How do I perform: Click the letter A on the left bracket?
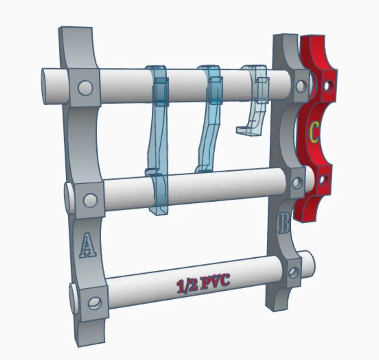pyautogui.click(x=88, y=244)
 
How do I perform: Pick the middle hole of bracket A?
pyautogui.click(x=90, y=200)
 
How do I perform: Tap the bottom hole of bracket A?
pyautogui.click(x=94, y=302)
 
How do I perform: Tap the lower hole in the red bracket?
pyautogui.click(x=323, y=180)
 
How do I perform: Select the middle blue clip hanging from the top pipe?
pyautogui.click(x=209, y=118)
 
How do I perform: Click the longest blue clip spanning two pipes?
pyautogui.click(x=158, y=141)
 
